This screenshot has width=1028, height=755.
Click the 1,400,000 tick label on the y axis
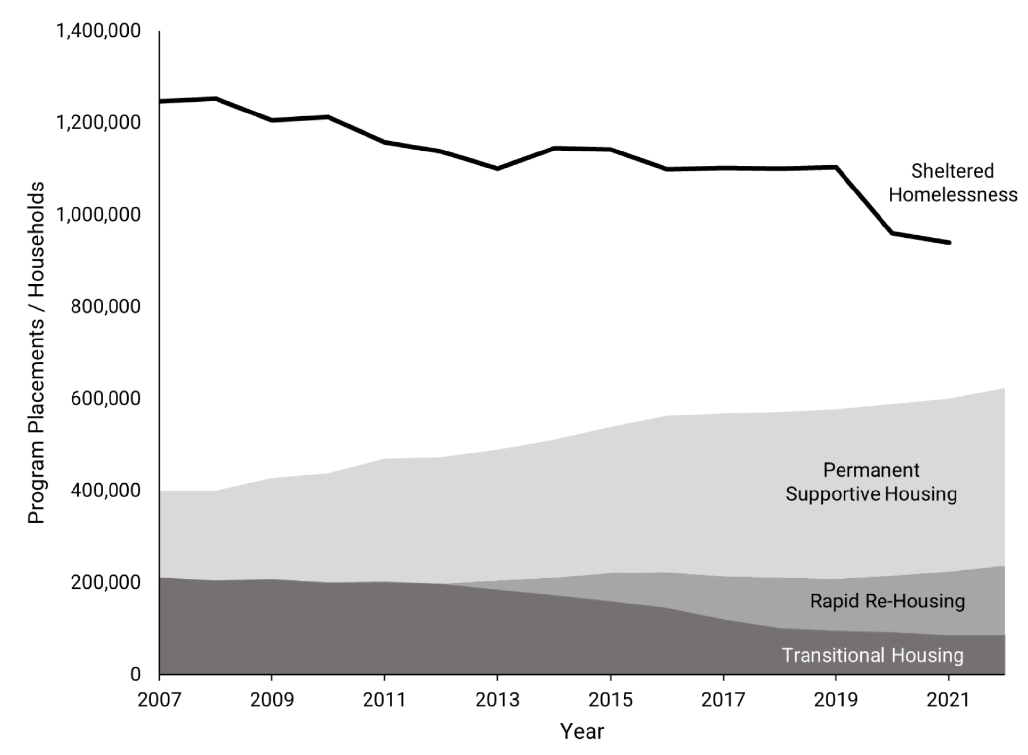click(98, 31)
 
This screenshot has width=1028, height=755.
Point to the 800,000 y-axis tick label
click(105, 306)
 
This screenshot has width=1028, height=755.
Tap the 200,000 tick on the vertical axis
click(105, 582)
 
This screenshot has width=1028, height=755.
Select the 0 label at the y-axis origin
click(135, 674)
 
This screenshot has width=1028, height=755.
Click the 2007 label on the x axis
click(159, 700)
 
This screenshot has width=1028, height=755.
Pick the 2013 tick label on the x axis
click(497, 700)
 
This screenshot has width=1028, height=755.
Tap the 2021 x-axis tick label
click(948, 700)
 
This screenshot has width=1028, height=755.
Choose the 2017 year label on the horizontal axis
click(723, 700)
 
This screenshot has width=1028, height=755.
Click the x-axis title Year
click(582, 731)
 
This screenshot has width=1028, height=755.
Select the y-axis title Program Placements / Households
click(36, 352)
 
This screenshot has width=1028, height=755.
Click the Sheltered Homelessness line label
click(953, 183)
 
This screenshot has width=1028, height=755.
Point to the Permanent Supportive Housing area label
click(871, 482)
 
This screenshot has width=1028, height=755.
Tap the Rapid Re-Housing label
click(887, 601)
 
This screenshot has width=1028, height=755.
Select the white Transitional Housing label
click(873, 655)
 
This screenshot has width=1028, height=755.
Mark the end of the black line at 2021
click(948, 242)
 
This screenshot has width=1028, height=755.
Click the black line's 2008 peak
click(216, 99)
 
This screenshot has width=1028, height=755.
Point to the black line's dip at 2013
click(497, 169)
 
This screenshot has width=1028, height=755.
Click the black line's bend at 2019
click(836, 168)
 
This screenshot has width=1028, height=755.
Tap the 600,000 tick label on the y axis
click(105, 398)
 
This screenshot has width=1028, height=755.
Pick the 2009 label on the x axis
click(271, 700)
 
